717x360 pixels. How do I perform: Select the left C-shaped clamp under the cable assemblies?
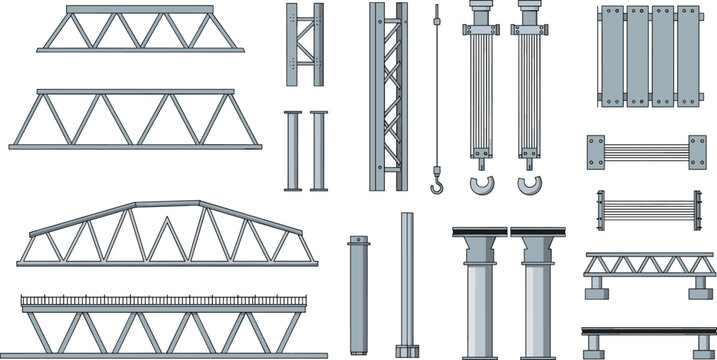pyautogui.click(x=482, y=186)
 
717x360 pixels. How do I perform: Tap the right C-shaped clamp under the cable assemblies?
pyautogui.click(x=529, y=186)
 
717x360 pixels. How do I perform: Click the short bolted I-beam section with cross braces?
pyautogui.click(x=305, y=44)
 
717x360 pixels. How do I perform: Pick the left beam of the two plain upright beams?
pyautogui.click(x=291, y=150)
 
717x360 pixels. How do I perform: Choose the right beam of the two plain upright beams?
pyautogui.click(x=319, y=150)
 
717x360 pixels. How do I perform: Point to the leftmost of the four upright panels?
pyautogui.click(x=611, y=55)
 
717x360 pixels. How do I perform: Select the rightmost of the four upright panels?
pyautogui.click(x=688, y=55)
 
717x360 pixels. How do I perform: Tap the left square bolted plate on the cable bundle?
pyautogui.click(x=597, y=152)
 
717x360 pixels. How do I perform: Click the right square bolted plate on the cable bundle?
pyautogui.click(x=696, y=152)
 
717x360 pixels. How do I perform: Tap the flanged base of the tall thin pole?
pyautogui.click(x=407, y=351)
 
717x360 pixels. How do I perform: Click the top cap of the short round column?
pyautogui.click(x=358, y=240)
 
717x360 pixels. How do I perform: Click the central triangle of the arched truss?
pyautogui.click(x=166, y=236)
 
